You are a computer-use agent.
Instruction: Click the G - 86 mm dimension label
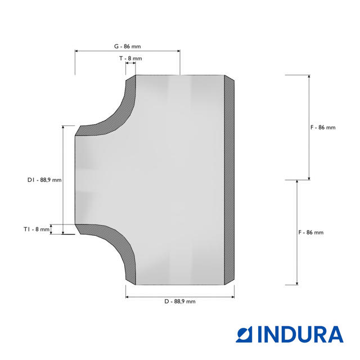tap(128, 46)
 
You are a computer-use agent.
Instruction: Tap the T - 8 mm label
tap(130, 58)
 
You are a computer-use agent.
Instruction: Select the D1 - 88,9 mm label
tap(44, 180)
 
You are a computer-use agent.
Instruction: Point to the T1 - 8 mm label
tap(37, 229)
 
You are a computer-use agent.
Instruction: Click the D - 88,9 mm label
tap(180, 301)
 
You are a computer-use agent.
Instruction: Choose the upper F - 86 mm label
tap(323, 128)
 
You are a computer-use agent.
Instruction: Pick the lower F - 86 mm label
tap(311, 232)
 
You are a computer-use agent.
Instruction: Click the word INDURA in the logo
tap(300, 335)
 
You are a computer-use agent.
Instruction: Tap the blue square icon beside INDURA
tap(244, 335)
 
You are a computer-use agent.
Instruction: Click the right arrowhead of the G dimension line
tap(179, 51)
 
